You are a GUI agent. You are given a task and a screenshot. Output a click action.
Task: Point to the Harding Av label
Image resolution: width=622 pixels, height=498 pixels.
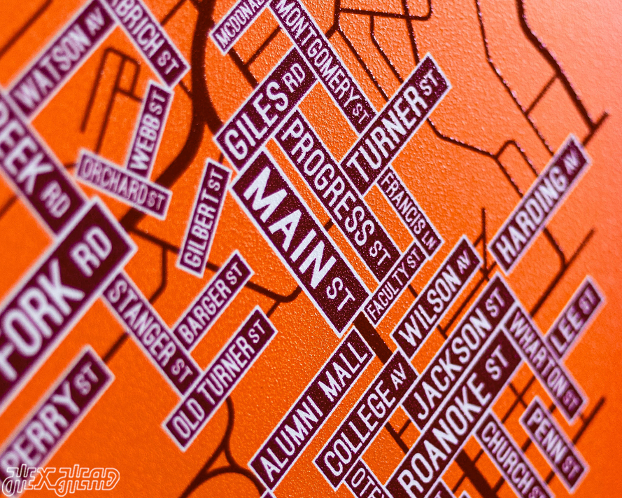click(539, 204)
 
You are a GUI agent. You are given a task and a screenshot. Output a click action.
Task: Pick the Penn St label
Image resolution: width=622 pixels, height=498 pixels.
click(553, 444)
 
